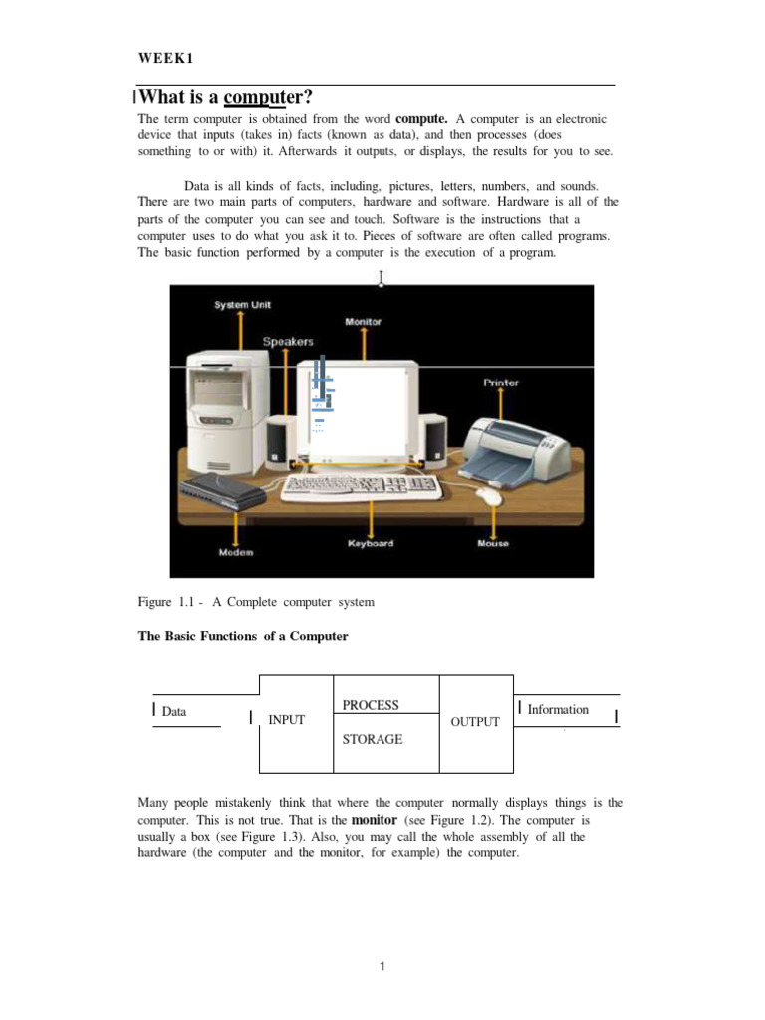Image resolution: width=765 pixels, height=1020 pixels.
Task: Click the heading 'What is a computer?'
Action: (x=226, y=98)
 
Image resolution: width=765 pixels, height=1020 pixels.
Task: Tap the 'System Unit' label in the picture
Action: (x=242, y=305)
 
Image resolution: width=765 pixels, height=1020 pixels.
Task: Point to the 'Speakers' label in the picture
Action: (x=288, y=342)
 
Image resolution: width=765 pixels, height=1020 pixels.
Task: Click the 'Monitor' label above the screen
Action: (x=363, y=322)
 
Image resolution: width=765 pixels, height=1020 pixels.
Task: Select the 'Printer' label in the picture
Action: (x=501, y=382)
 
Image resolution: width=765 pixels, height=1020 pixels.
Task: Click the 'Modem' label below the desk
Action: (x=236, y=552)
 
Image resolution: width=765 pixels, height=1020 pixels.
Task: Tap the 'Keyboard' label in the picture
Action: (x=371, y=544)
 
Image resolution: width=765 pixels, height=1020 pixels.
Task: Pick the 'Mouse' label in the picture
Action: (x=492, y=544)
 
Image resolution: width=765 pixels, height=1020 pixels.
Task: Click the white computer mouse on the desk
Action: (x=489, y=495)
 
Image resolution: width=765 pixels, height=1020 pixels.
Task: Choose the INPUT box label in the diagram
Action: (x=287, y=720)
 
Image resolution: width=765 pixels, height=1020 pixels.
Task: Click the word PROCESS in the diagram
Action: (x=371, y=705)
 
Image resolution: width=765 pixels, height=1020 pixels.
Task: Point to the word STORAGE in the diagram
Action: (x=373, y=739)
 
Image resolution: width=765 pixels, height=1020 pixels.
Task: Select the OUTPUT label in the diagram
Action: (x=475, y=721)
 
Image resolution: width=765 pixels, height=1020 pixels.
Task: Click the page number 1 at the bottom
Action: (x=382, y=966)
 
